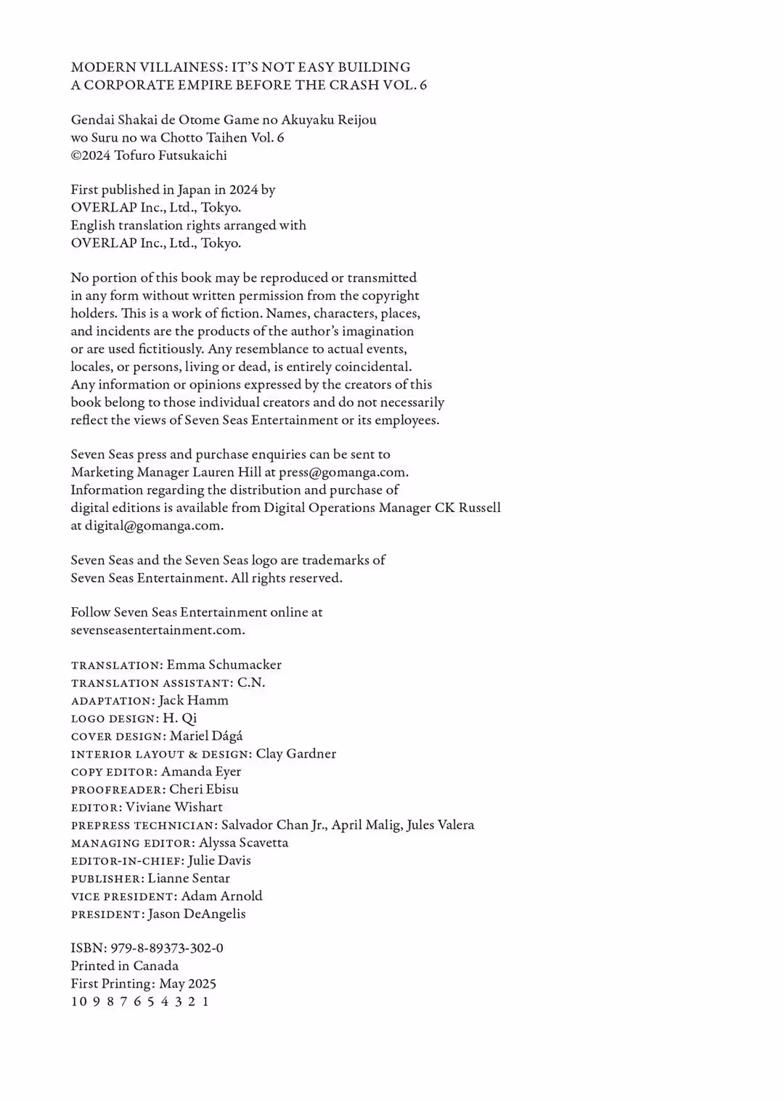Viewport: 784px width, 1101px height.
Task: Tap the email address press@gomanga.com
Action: pyautogui.click(x=343, y=472)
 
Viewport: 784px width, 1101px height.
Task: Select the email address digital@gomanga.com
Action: pyautogui.click(x=153, y=525)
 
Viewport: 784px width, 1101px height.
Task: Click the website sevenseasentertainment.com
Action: pyautogui.click(x=157, y=630)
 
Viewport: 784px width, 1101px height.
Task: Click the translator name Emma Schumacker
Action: pyautogui.click(x=224, y=665)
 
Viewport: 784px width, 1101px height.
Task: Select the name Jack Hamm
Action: pyautogui.click(x=193, y=700)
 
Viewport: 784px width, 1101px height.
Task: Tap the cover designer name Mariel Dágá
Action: pyautogui.click(x=206, y=736)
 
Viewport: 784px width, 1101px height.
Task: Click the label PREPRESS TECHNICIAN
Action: pyautogui.click(x=143, y=825)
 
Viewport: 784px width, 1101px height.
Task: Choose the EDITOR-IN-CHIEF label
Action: pyautogui.click(x=126, y=861)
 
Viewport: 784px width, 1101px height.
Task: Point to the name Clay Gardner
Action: pyautogui.click(x=295, y=754)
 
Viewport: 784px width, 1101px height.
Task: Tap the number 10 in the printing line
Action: pyautogui.click(x=77, y=1002)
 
